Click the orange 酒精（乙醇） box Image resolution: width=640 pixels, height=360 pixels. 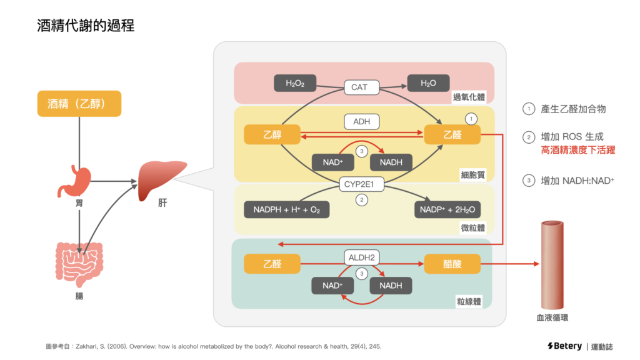pyautogui.click(x=79, y=104)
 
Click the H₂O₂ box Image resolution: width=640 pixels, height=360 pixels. pyautogui.click(x=295, y=83)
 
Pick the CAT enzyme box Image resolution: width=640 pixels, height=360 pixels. pyautogui.click(x=359, y=87)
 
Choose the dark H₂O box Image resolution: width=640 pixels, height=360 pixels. pyautogui.click(x=429, y=83)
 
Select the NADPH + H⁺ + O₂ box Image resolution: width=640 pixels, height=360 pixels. pyautogui.click(x=287, y=209)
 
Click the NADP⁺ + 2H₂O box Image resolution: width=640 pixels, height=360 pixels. pyautogui.click(x=447, y=209)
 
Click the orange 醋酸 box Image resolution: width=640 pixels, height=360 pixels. pyautogui.click(x=452, y=264)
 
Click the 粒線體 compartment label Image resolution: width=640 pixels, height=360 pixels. pyautogui.click(x=472, y=302)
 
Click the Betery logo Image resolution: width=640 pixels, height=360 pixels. pyautogui.click(x=563, y=346)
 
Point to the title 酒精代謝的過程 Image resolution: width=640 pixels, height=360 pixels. pyautogui.click(x=86, y=26)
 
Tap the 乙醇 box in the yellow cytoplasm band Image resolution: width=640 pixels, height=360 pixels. pyautogui.click(x=272, y=134)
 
